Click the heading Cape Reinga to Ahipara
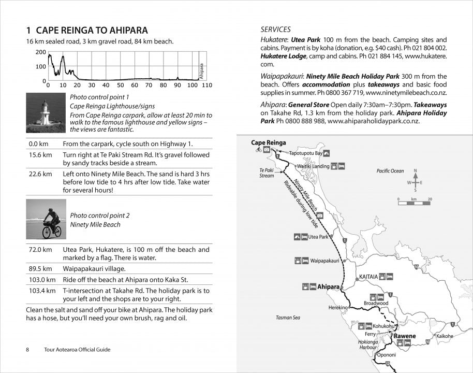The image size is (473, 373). pos(87,30)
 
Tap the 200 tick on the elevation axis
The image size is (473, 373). pos(41,52)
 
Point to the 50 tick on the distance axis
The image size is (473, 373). pos(120,85)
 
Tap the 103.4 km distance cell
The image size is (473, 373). pos(41,291)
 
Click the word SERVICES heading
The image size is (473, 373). pos(275,30)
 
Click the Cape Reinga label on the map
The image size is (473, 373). pos(268,142)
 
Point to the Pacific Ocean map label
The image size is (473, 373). pos(390,171)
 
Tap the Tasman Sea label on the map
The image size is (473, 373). pos(288,317)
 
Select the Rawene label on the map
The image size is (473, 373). pos(405,336)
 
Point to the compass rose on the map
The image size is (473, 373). pos(415,182)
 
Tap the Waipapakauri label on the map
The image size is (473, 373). pos(324,261)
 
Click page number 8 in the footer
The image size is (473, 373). pos(27,350)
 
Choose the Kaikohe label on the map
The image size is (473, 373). pos(445,336)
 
